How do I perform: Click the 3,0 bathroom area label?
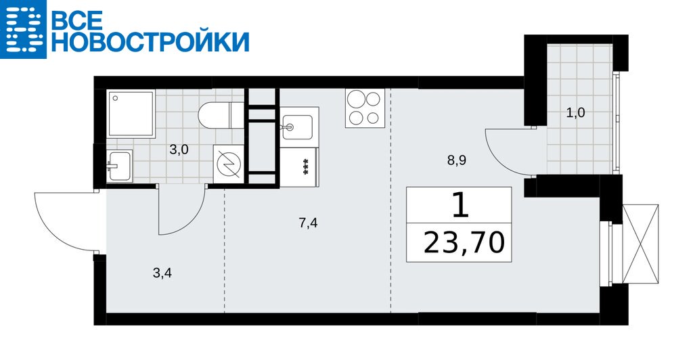179,150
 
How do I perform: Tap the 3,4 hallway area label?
162,273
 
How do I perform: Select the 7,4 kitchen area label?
308,223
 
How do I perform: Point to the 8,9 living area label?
457,160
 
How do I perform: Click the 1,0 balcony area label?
575,112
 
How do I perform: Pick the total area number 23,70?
464,242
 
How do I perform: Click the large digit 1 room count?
460,206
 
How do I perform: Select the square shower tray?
131,114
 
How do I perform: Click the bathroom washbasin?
119,165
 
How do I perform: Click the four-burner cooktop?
363,108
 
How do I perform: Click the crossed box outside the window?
640,244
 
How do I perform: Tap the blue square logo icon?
23,29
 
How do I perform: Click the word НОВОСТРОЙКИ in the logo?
150,41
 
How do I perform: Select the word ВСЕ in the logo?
78,20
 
